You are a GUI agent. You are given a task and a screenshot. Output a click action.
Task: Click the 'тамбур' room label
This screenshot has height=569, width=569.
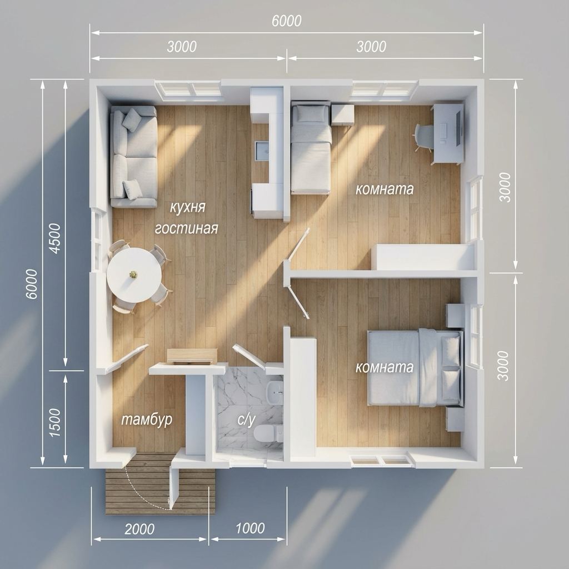point(147,420)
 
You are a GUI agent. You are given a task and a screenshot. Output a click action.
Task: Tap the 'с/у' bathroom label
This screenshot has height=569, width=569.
point(246,420)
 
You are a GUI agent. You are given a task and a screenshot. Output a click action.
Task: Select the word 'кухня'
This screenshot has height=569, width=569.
point(188,207)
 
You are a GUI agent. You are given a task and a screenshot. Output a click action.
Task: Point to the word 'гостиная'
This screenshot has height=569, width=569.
point(187,228)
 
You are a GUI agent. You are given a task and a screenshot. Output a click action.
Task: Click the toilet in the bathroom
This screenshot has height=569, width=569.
point(267,433)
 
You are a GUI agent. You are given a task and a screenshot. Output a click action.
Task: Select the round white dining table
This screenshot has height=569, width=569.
point(134,275)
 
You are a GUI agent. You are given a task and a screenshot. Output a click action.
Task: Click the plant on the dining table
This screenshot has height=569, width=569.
point(134,274)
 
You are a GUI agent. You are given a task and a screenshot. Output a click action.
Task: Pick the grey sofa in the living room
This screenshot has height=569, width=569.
point(133,157)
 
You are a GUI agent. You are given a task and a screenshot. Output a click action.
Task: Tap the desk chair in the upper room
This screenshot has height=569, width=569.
point(423,138)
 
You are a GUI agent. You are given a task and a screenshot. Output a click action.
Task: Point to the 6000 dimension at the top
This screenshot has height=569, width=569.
point(287,21)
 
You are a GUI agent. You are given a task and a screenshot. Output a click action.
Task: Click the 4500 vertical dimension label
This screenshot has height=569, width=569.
point(55,238)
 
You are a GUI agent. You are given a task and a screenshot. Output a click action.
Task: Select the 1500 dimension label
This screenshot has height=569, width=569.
point(55,422)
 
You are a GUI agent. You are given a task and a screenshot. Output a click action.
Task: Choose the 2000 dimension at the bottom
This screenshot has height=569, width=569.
point(139,529)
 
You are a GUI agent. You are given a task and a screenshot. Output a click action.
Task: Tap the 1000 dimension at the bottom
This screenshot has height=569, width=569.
point(250,528)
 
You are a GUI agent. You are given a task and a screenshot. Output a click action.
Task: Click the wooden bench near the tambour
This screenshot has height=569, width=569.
point(192,356)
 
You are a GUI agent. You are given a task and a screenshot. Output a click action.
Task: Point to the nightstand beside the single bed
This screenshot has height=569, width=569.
point(343,114)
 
